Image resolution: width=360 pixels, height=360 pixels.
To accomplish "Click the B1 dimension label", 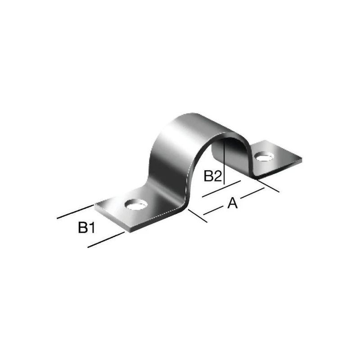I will click(x=86, y=228).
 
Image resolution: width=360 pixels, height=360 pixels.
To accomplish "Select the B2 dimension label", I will click(x=213, y=176).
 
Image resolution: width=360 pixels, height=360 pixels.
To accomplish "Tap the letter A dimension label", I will click(x=232, y=203).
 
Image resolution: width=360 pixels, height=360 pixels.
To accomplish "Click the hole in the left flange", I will click(x=136, y=205).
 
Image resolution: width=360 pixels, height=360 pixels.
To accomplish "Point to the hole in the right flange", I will click(x=264, y=157).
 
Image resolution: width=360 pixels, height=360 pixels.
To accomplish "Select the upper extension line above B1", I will click(x=75, y=212).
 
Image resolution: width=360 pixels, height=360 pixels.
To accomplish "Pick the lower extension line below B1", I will click(x=106, y=239).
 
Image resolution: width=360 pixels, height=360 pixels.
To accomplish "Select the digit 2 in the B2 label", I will click(x=218, y=176).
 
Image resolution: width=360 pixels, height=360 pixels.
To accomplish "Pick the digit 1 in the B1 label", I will click(x=92, y=228).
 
